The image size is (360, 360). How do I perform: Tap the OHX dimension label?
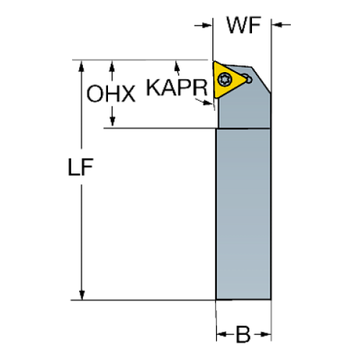coord(111,93)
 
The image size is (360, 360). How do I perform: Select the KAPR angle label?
coord(177,87)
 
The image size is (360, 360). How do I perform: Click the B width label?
coord(244,335)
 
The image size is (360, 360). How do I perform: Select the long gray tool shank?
coord(244,213)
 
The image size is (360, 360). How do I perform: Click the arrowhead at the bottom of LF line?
coord(82,295)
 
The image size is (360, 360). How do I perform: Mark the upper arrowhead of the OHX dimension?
coord(112,66)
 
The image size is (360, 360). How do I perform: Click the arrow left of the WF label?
coord(204,26)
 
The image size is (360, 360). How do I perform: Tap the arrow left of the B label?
coord(220,336)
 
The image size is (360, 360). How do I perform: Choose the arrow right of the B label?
coord(267,336)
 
